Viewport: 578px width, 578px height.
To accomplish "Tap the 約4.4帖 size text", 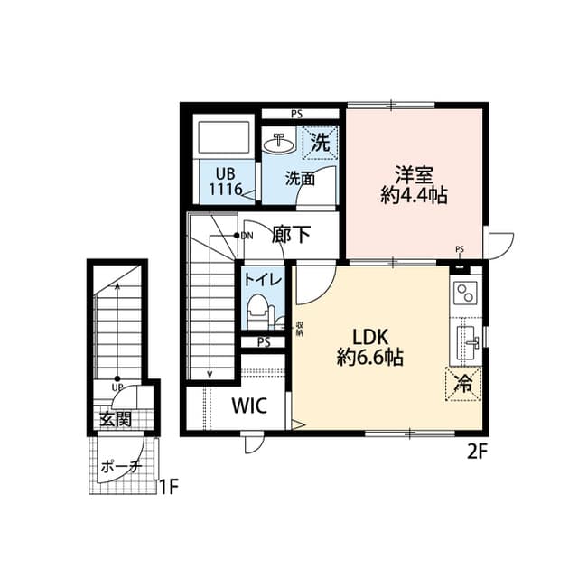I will pos(415,195).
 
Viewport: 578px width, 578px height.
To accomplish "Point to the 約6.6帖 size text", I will pos(370,358).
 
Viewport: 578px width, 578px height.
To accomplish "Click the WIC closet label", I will pos(249,406).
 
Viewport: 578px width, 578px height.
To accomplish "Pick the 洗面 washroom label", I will pos(300,179).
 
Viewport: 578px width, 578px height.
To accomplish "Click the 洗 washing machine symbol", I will pos(320,142).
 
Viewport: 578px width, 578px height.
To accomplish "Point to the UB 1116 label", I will pos(225,182).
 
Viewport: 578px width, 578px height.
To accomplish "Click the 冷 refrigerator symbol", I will pos(463,383).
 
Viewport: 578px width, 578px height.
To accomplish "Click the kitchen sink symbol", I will pos(467,341).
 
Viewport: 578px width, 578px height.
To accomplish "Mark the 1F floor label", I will pos(168,489).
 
